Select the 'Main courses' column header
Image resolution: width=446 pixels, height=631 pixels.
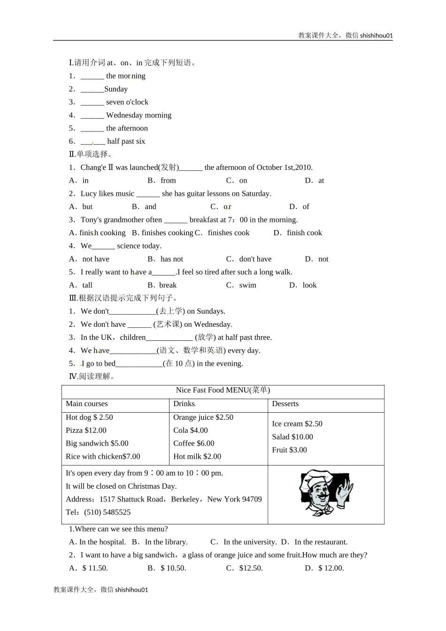tap(87, 404)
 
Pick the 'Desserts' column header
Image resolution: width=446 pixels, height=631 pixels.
tap(285, 404)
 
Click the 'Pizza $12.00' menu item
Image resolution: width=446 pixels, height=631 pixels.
tap(86, 430)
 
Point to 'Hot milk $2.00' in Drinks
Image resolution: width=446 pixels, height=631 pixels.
tap(197, 456)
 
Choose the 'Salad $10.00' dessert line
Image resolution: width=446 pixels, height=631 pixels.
tap(292, 437)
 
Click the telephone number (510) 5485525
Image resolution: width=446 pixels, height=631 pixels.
tap(108, 512)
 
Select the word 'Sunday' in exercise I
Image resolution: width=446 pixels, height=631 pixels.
tap(116, 89)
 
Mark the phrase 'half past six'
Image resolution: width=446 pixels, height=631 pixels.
tap(126, 141)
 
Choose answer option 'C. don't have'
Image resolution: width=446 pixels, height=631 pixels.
tap(249, 259)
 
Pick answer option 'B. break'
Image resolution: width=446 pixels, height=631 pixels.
tap(162, 285)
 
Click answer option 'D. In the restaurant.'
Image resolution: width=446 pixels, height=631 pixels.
tap(315, 542)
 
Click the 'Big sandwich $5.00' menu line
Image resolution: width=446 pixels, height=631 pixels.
tap(97, 443)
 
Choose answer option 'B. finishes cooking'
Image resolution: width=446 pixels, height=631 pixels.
tap(162, 233)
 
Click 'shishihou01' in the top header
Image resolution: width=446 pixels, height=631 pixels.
tap(377, 35)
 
